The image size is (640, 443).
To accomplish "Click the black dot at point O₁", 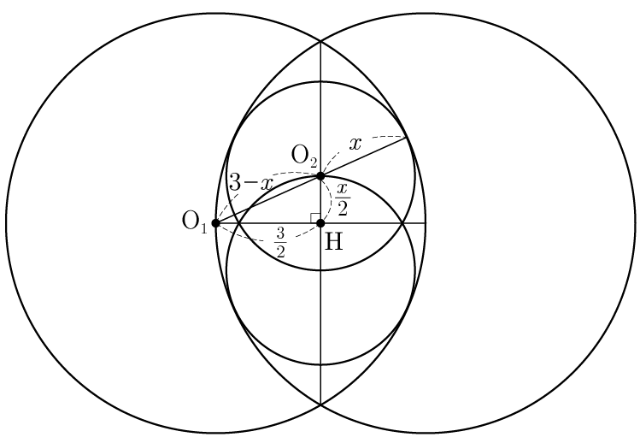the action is click(x=216, y=223).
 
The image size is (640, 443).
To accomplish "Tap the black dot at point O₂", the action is click(x=320, y=176).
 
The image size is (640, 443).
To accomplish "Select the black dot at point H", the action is click(x=320, y=223).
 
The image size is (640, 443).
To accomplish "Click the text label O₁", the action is click(x=194, y=222).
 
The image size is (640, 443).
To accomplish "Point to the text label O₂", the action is click(x=304, y=157).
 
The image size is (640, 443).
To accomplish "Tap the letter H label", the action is click(x=334, y=241).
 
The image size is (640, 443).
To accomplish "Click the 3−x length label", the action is click(x=250, y=182).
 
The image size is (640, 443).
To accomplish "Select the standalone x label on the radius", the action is click(x=355, y=144).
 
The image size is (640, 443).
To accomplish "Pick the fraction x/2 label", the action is click(x=343, y=199).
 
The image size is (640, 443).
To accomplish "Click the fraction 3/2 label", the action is click(x=280, y=243).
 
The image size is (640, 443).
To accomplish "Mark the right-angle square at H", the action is click(x=315, y=218).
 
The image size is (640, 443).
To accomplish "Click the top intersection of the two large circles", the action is click(x=320, y=41).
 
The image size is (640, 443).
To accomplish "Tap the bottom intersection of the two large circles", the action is click(x=320, y=405).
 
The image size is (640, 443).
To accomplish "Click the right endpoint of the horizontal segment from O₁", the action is click(x=426, y=223).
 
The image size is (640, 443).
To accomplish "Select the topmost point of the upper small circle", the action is click(x=320, y=82).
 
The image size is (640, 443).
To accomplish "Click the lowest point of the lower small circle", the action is click(x=320, y=364).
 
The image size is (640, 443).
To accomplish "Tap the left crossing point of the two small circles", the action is click(x=239, y=223).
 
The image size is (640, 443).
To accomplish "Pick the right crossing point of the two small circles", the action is click(x=402, y=223).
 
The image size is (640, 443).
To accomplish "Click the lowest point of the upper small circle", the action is click(x=320, y=270).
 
